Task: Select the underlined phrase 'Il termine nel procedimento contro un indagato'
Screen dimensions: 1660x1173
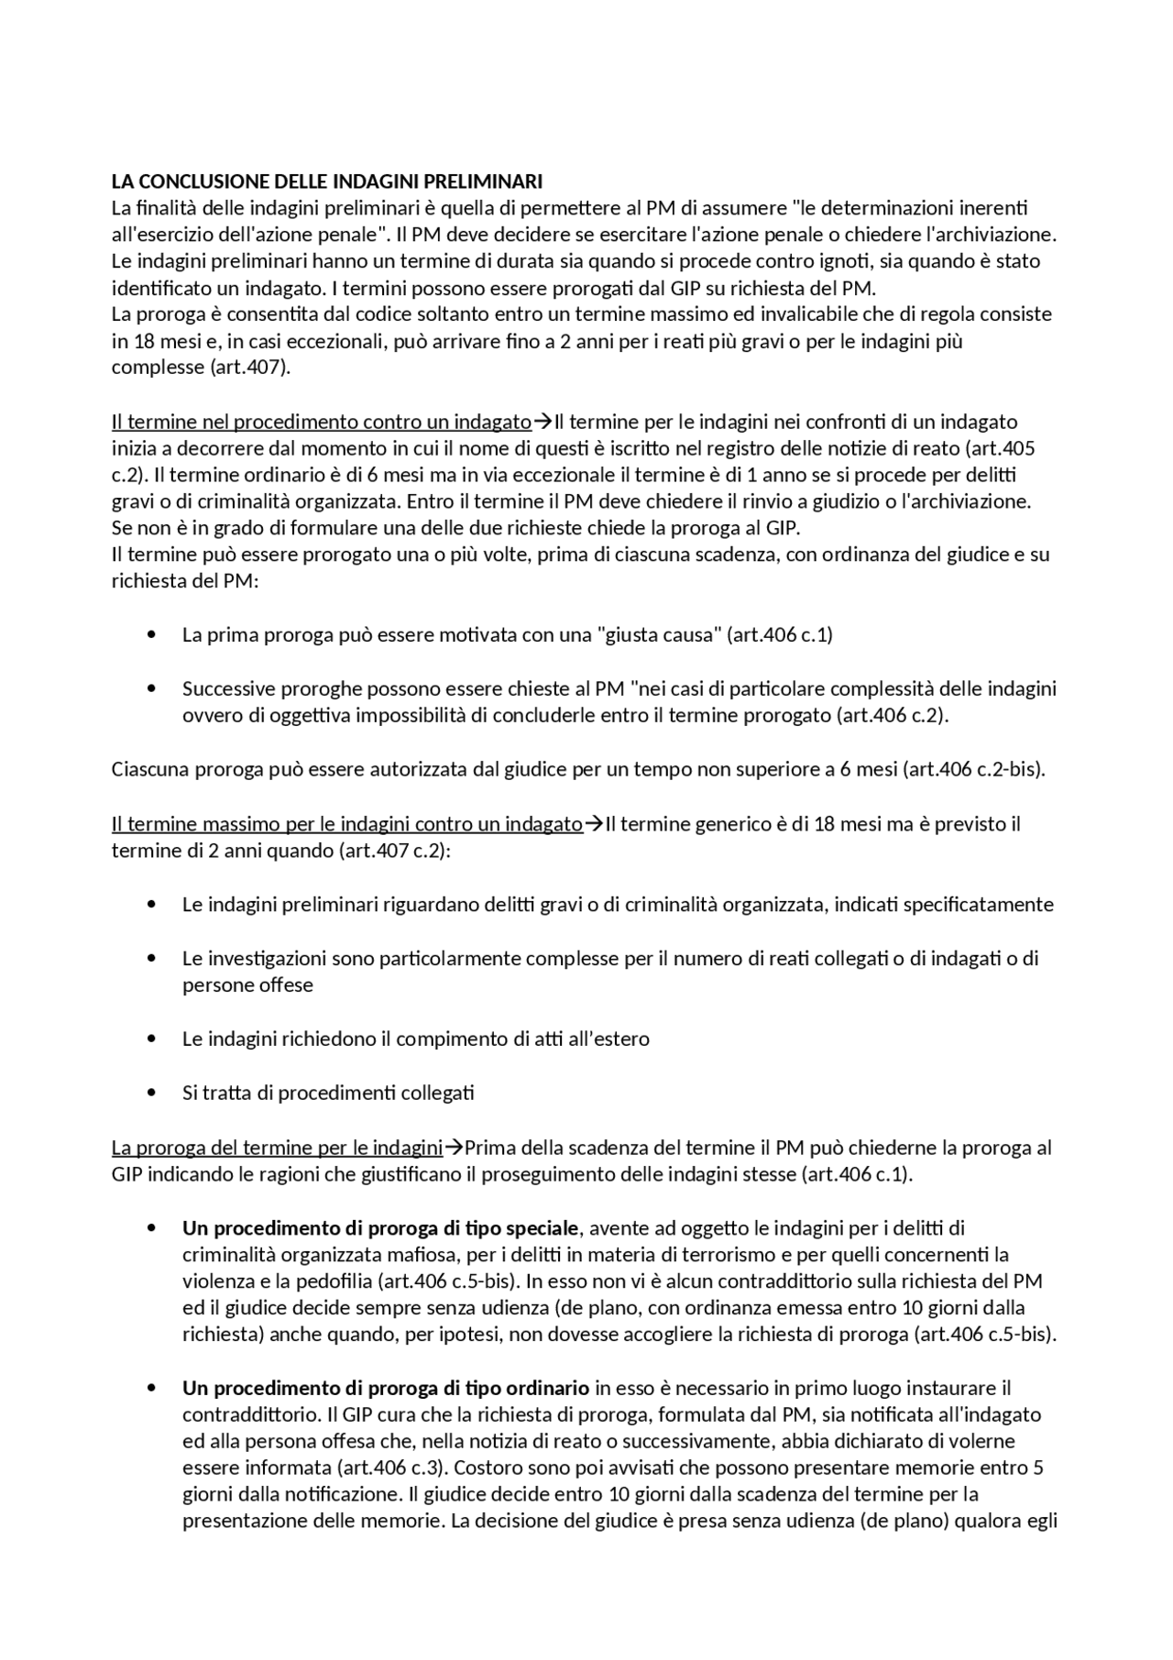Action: [x=322, y=422]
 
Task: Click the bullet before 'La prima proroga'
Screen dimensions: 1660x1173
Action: [x=151, y=635]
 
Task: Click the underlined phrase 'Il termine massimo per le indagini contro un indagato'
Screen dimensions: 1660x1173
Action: [x=346, y=824]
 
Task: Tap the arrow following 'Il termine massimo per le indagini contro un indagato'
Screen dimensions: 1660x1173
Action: [x=594, y=824]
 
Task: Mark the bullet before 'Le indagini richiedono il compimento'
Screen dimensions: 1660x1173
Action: [x=151, y=1039]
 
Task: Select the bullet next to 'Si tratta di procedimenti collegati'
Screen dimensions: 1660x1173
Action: [x=151, y=1093]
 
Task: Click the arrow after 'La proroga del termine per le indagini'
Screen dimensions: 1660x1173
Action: [x=454, y=1148]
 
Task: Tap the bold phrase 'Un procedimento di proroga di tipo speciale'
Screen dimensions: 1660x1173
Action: [x=380, y=1228]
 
